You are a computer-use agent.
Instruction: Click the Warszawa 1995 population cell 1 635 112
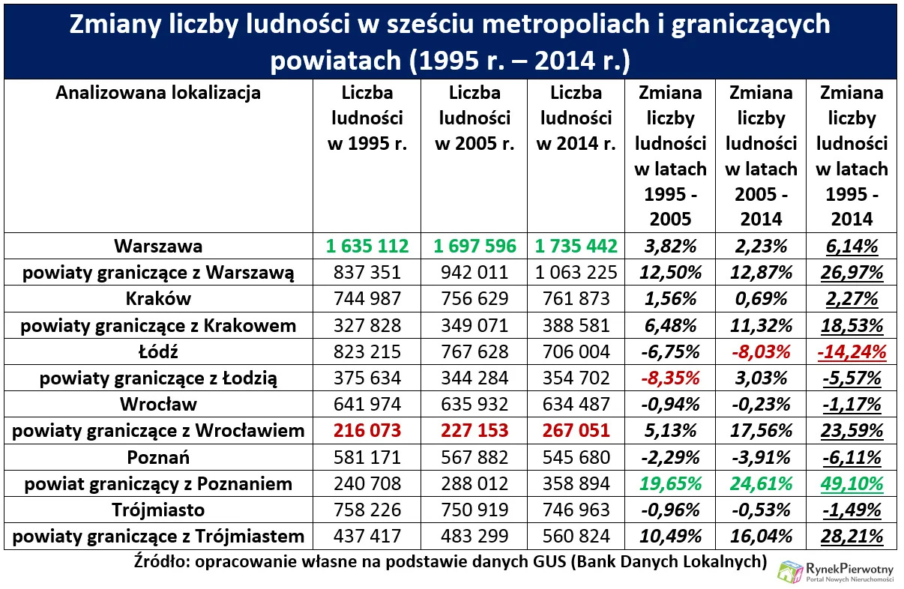[x=367, y=246]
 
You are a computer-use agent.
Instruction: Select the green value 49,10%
[x=852, y=484]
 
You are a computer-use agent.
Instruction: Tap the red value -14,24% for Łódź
[x=852, y=351]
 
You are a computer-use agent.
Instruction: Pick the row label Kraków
[x=158, y=298]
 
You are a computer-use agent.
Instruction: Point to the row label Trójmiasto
[x=158, y=510]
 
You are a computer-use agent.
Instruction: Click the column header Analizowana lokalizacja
[x=158, y=93]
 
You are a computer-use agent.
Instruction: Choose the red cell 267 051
[x=576, y=431]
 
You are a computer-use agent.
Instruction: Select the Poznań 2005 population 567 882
[x=474, y=457]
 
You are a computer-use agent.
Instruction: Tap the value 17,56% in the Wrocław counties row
[x=761, y=431]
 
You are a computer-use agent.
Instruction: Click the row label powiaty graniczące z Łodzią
[x=158, y=378]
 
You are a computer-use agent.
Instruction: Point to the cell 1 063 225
[x=576, y=272]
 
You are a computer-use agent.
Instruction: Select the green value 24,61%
[x=761, y=484]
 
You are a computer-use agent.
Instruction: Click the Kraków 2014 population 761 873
[x=576, y=298]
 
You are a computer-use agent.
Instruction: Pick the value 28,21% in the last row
[x=852, y=537]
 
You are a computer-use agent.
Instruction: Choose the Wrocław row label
[x=158, y=405]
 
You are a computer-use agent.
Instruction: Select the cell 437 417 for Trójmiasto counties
[x=367, y=537]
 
